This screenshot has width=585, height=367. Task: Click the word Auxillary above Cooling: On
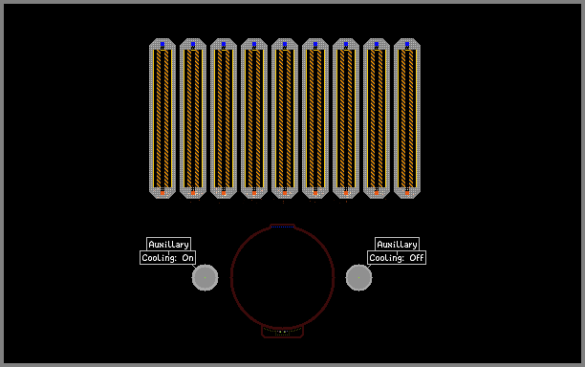click(168, 245)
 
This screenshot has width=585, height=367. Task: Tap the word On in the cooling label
click(187, 258)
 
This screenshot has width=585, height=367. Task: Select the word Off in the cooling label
click(417, 258)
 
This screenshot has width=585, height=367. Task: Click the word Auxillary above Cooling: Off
click(397, 245)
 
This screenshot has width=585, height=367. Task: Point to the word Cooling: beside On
click(159, 258)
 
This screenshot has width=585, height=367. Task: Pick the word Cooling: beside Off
click(386, 258)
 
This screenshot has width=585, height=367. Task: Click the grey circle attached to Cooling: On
click(205, 277)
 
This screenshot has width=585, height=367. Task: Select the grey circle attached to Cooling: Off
click(358, 277)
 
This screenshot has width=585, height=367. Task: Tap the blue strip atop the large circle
click(282, 227)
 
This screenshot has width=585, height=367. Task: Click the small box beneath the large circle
click(282, 332)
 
